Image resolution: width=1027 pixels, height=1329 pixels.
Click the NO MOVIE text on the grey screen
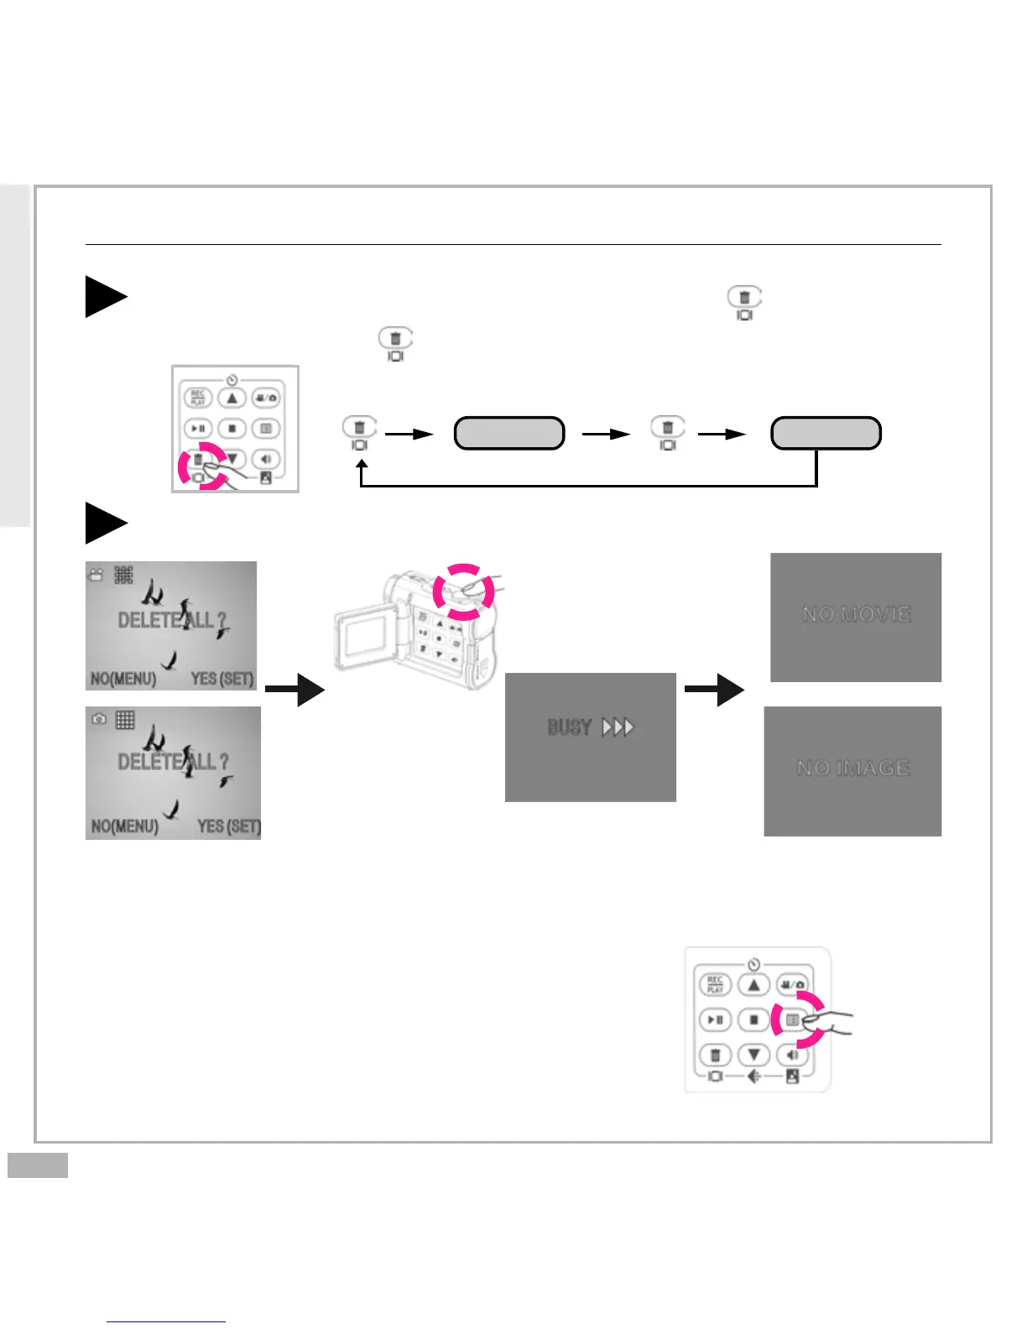(x=856, y=614)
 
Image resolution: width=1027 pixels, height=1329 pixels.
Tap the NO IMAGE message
(x=852, y=768)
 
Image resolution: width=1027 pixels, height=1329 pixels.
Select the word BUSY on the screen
(x=570, y=727)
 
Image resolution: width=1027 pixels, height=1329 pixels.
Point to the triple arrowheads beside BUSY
(x=618, y=727)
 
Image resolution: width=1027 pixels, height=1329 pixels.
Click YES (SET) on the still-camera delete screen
(x=229, y=826)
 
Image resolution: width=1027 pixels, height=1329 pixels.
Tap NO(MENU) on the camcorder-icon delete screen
(x=123, y=678)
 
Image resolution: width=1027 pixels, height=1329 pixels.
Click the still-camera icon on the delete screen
(x=99, y=720)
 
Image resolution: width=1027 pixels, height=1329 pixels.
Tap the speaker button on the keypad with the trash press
(x=266, y=459)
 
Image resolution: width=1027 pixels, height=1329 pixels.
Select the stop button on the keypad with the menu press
(x=753, y=1019)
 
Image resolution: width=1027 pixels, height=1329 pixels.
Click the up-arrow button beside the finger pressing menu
(x=753, y=984)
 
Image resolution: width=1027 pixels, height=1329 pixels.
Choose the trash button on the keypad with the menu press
(x=715, y=1055)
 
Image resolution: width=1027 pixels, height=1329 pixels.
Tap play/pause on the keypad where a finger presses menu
(x=715, y=1019)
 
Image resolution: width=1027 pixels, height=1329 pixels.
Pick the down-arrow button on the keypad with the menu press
(x=753, y=1055)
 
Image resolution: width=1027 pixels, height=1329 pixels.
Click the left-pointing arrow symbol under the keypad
(x=753, y=1076)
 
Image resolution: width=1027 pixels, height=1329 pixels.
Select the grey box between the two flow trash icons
(x=509, y=433)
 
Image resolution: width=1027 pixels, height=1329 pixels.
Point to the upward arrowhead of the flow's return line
(x=362, y=462)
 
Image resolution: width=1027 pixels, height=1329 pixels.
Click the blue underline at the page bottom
(x=166, y=1321)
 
